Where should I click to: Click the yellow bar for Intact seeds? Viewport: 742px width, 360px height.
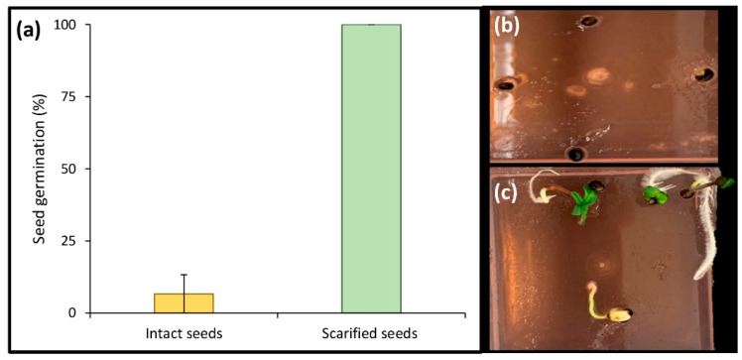[x=184, y=303]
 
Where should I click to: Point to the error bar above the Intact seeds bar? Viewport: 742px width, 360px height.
[x=184, y=283]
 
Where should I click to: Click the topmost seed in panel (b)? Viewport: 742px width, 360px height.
[x=590, y=19]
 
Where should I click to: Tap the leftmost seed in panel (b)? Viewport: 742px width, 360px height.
[x=504, y=85]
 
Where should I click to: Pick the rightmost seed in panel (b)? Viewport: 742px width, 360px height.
[x=705, y=75]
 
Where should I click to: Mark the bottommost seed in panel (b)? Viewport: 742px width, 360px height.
[x=575, y=154]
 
